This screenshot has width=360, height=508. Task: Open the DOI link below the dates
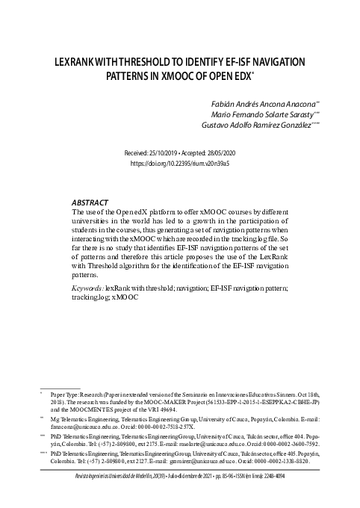tap(179, 162)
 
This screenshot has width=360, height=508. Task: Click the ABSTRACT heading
tap(90, 202)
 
